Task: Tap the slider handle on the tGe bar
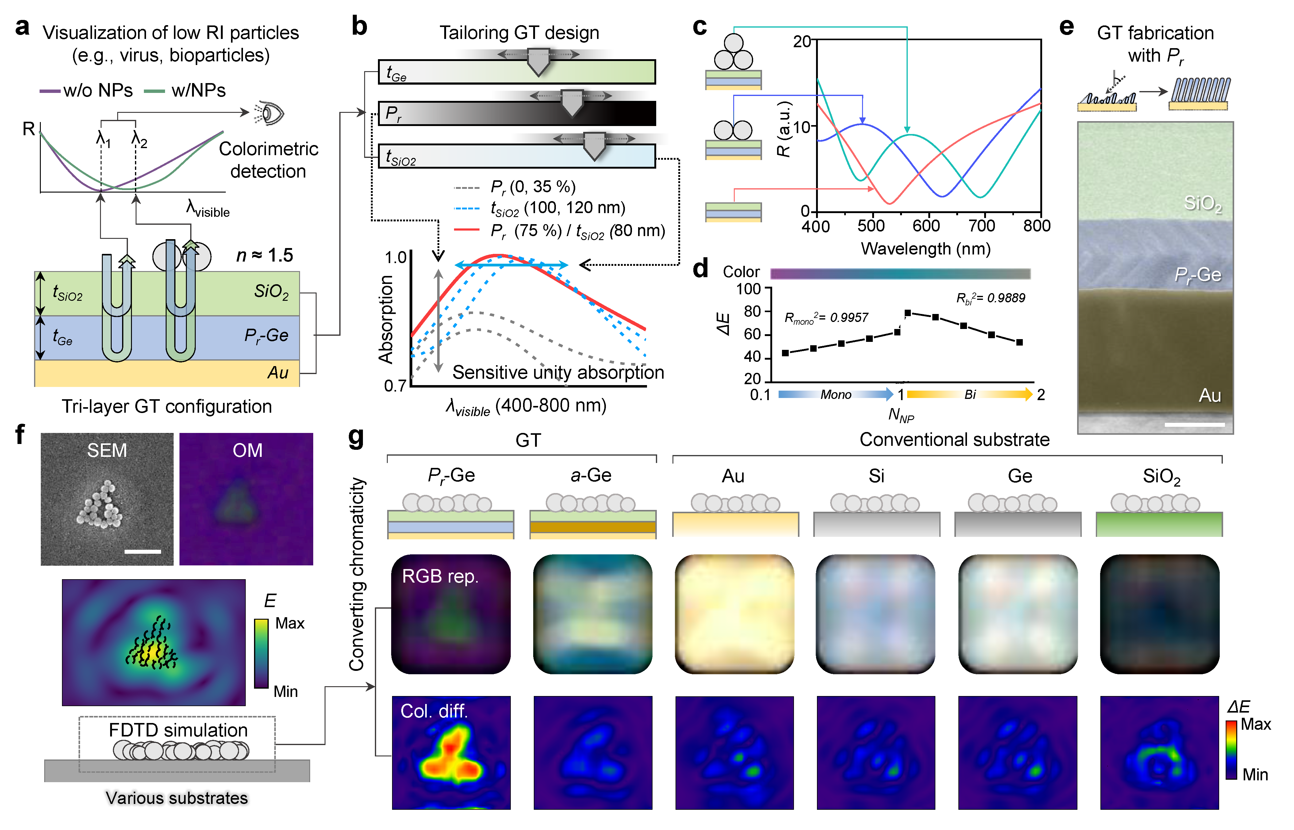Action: (538, 61)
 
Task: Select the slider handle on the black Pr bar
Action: (572, 103)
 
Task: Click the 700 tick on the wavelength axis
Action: (981, 225)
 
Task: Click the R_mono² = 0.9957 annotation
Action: (826, 318)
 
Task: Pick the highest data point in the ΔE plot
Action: (908, 313)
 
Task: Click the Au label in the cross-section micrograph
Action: (1209, 396)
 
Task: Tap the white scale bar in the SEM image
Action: (142, 551)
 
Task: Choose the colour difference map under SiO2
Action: (1159, 752)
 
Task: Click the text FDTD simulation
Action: (178, 730)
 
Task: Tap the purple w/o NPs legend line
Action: (50, 91)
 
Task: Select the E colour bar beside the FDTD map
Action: (261, 653)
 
